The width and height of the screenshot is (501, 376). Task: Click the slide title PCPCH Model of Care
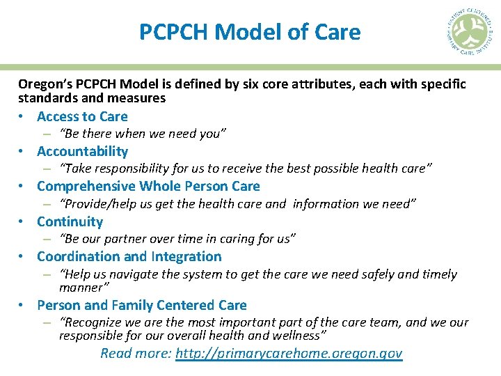250,32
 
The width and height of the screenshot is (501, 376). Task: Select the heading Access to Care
82,116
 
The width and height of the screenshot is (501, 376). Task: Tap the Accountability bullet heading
82,151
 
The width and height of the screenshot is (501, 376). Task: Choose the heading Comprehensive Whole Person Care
148,186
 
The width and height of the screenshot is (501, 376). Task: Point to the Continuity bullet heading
70,221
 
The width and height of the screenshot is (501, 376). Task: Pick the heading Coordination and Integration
129,256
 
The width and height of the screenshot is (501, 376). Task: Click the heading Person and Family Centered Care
141,305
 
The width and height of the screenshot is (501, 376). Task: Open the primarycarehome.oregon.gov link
289,353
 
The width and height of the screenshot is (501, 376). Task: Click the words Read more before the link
136,353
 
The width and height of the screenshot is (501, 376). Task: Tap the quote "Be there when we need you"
143,134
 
